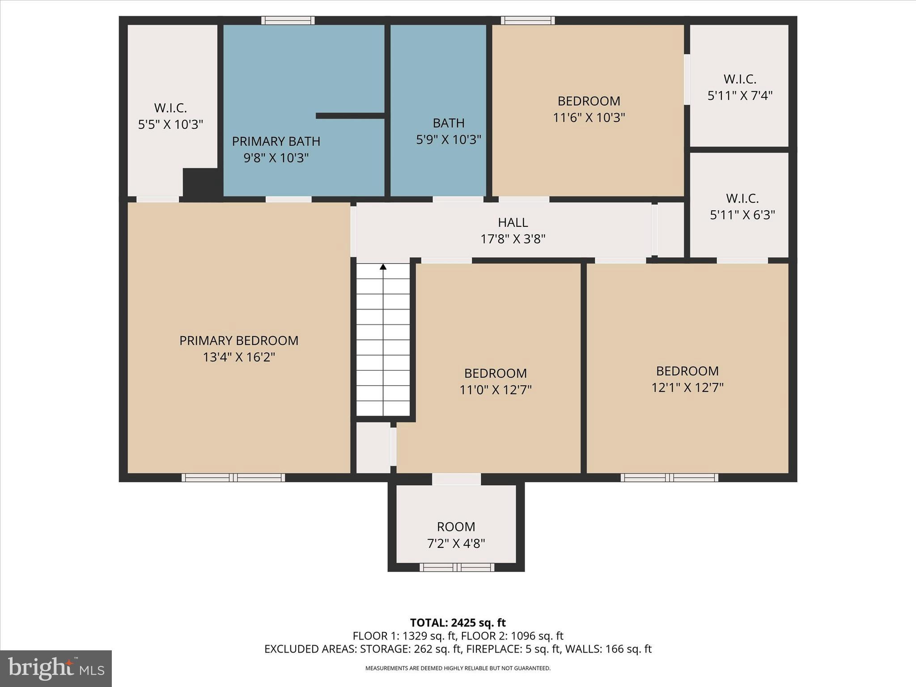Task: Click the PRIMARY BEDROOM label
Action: click(238, 340)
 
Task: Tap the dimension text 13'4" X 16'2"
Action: click(238, 357)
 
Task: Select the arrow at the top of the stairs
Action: click(383, 267)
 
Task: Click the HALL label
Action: click(513, 222)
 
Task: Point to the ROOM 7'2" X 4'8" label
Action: click(456, 535)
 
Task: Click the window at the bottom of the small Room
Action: click(457, 568)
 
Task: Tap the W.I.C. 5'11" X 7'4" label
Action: click(740, 87)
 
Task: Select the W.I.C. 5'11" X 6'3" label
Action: click(742, 207)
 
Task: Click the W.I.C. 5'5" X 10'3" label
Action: click(170, 116)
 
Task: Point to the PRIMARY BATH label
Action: click(276, 141)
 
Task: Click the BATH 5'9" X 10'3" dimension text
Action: click(448, 140)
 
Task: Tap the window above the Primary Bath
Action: click(288, 21)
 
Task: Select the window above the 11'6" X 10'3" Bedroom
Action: click(528, 21)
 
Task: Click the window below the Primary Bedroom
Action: click(233, 478)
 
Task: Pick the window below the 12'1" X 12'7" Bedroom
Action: click(669, 478)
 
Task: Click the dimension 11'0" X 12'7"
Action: click(495, 390)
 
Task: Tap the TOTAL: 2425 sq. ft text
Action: click(458, 623)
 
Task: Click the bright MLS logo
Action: click(56, 669)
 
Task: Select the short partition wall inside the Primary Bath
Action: click(350, 116)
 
